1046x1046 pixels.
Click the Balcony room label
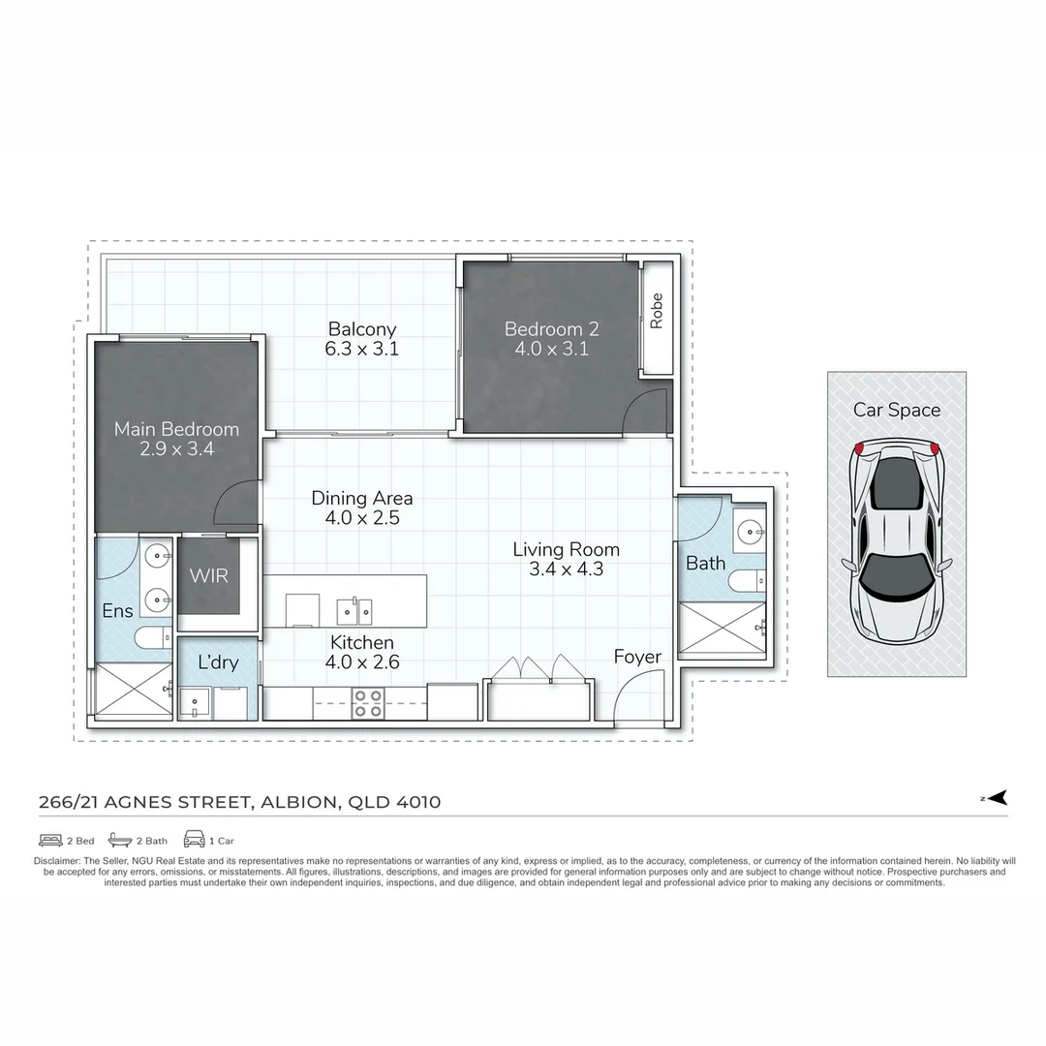point(361,329)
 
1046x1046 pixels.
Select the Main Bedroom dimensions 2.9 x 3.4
point(176,449)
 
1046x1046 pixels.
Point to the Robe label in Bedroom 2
point(657,312)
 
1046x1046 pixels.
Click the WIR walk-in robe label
point(208,576)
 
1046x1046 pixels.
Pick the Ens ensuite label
point(117,611)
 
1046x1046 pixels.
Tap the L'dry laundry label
point(218,664)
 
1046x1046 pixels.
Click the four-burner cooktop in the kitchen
point(367,703)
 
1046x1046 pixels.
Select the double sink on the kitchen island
point(354,611)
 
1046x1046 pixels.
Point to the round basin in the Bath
point(751,531)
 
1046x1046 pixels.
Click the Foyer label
point(637,658)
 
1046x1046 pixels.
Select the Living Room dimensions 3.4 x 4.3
point(566,569)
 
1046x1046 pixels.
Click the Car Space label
point(896,410)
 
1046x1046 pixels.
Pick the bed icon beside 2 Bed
point(50,840)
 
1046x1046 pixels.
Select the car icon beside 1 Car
point(194,840)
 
